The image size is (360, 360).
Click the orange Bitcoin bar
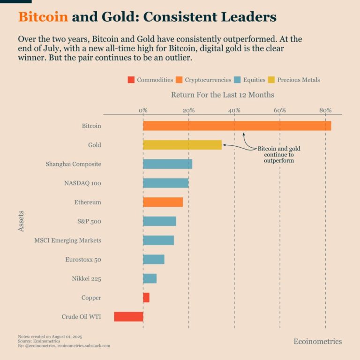[x=237, y=126]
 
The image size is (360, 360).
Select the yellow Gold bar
[x=182, y=145]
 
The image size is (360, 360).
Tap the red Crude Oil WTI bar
[x=128, y=317]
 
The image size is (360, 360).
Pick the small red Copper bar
[x=146, y=298]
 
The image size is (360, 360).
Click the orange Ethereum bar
[x=163, y=202]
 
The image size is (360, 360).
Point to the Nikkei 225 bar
[x=150, y=278]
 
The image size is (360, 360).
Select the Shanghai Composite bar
[x=167, y=164]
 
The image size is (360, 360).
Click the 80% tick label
[x=325, y=110]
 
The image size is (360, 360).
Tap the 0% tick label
[x=143, y=110]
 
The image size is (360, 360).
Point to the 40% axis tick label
[x=234, y=110]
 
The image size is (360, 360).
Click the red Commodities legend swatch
[x=131, y=80]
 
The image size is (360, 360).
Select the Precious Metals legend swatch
[x=271, y=80]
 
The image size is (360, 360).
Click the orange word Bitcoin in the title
[x=43, y=17]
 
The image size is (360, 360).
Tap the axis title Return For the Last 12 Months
[x=223, y=95]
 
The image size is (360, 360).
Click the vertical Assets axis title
[x=21, y=221]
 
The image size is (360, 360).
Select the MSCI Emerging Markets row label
[x=67, y=240]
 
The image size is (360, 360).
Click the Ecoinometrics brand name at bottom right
[x=317, y=341]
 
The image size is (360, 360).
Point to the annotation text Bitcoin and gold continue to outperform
[x=279, y=155]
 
